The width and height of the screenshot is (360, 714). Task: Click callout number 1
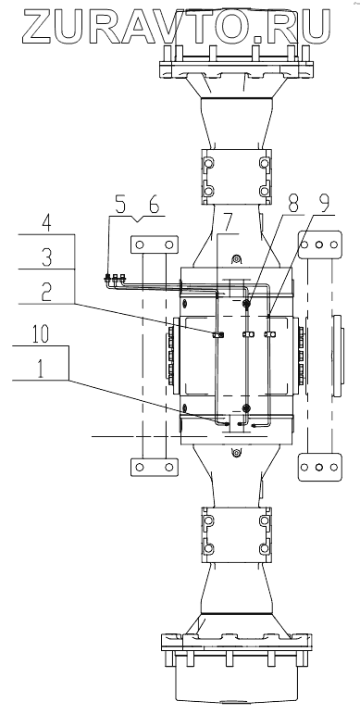click(x=41, y=369)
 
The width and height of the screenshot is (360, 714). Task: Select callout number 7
click(x=227, y=222)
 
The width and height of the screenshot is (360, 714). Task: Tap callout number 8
click(x=294, y=204)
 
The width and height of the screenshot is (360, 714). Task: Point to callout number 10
click(x=41, y=334)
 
